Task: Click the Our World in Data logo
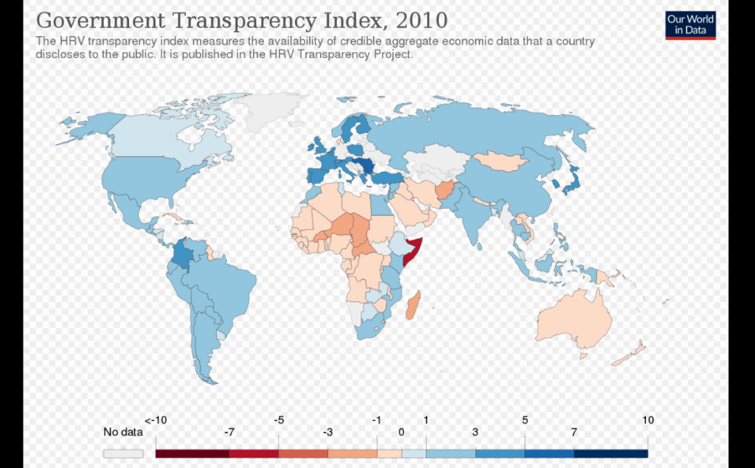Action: point(690,24)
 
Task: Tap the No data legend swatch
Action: point(122,453)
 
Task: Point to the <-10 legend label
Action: point(156,420)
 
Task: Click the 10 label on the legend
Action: point(647,420)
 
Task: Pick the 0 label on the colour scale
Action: point(401,433)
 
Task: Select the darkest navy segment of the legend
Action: point(610,453)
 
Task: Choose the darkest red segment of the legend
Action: point(180,453)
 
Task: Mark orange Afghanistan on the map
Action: point(445,192)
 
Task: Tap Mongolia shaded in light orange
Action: point(501,161)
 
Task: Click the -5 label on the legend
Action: point(279,420)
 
